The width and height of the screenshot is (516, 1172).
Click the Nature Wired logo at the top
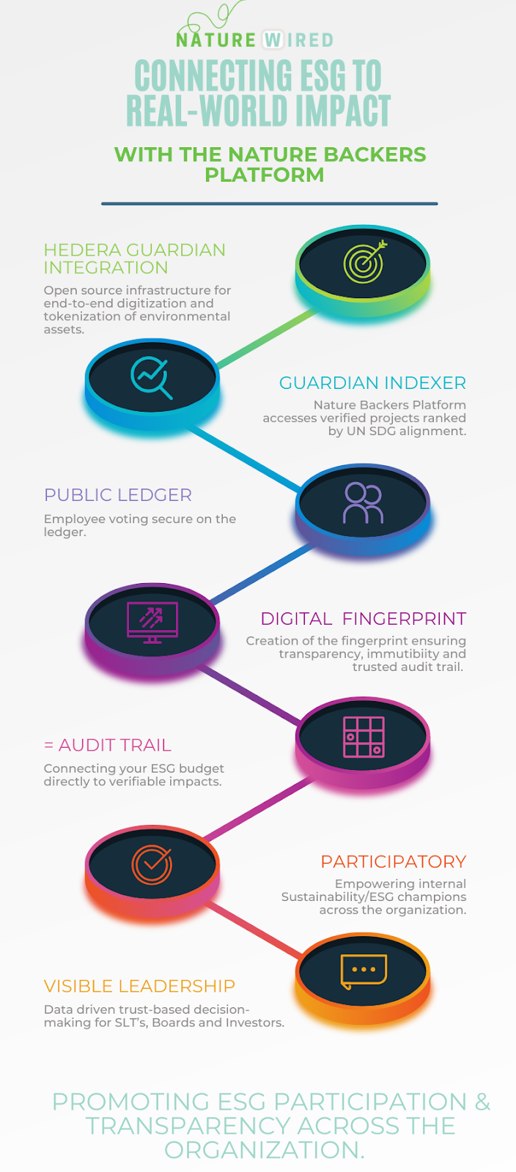tap(254, 32)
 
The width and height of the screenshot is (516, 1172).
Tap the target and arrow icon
tap(364, 262)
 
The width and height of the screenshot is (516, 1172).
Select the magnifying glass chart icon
tap(151, 378)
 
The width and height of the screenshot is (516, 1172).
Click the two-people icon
tap(364, 503)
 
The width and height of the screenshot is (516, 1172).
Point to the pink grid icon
tap(364, 737)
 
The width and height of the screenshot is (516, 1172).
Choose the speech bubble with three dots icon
tap(364, 971)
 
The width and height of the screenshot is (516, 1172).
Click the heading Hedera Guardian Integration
tap(134, 259)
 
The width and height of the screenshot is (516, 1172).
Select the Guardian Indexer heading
tap(372, 383)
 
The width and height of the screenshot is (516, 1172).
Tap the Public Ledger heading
tap(118, 495)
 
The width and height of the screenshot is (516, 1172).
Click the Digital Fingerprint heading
tap(364, 619)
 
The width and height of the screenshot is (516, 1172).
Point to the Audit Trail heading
tap(108, 745)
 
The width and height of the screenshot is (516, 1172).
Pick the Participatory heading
tap(394, 861)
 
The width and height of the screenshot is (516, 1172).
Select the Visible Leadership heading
tap(139, 986)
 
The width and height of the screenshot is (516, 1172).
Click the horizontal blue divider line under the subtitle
tap(270, 204)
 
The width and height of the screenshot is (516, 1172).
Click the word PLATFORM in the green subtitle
tap(264, 175)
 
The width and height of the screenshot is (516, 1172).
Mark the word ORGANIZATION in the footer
tap(264, 1149)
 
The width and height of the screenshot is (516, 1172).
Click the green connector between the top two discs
tap(267, 338)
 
